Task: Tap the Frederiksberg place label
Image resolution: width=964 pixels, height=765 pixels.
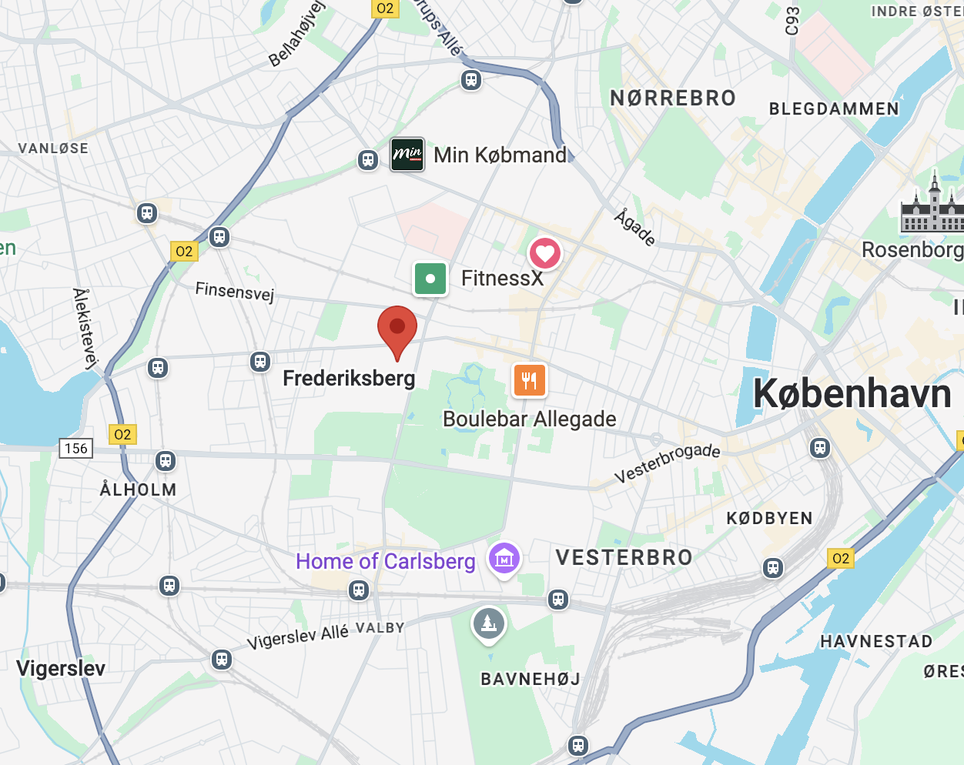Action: click(x=349, y=379)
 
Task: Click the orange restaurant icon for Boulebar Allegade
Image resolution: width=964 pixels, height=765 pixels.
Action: click(x=529, y=380)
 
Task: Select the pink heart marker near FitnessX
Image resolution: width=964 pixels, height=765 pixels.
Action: click(x=545, y=253)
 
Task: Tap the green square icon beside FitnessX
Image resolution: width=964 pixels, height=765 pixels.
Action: click(x=430, y=279)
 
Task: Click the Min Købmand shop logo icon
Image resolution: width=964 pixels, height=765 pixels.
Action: click(x=407, y=155)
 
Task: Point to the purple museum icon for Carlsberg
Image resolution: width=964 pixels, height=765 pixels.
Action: click(x=504, y=559)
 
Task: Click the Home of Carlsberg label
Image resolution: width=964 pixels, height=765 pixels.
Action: click(x=385, y=561)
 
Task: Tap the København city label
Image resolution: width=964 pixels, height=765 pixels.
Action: click(x=852, y=393)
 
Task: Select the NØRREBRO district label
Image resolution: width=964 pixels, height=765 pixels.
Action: click(x=673, y=99)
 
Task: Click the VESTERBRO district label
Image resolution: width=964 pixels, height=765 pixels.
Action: click(x=624, y=557)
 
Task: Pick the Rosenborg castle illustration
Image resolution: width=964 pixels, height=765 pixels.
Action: click(x=932, y=206)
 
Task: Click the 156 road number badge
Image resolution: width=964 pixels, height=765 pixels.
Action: click(x=76, y=448)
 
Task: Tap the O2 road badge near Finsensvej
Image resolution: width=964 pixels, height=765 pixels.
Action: click(x=184, y=251)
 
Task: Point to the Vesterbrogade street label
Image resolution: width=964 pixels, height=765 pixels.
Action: click(x=667, y=463)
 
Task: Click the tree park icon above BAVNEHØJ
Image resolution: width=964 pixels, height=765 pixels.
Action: click(x=489, y=623)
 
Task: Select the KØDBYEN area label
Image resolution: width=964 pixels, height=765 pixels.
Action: click(x=769, y=518)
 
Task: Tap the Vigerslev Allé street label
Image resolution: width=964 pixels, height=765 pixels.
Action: click(x=297, y=636)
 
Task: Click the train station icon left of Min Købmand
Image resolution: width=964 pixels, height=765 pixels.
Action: click(x=368, y=159)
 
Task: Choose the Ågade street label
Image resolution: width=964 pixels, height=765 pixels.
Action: click(x=634, y=229)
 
